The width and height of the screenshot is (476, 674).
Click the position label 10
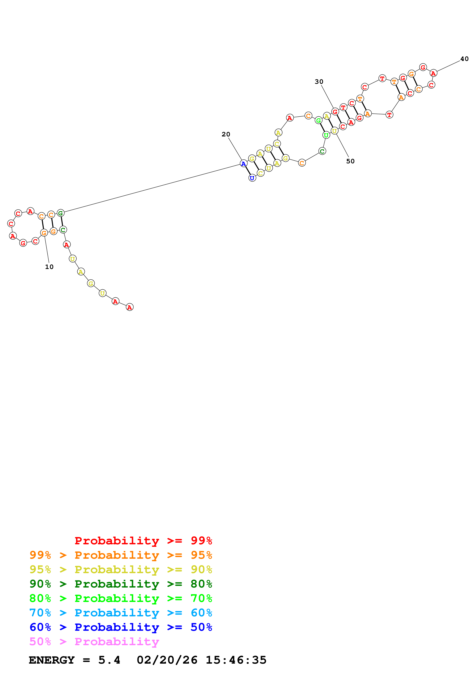49,267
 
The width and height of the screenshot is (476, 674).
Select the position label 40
464,59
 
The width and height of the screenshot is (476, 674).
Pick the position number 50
350,161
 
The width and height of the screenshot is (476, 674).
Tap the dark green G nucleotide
60,213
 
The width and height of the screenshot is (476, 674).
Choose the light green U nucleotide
326,135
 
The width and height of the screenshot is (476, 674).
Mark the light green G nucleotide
319,120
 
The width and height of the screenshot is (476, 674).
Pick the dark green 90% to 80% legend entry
121,584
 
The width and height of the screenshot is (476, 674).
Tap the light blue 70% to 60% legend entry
121,613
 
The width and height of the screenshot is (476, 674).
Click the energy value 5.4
109,660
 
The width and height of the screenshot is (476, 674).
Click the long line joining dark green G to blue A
152,188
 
